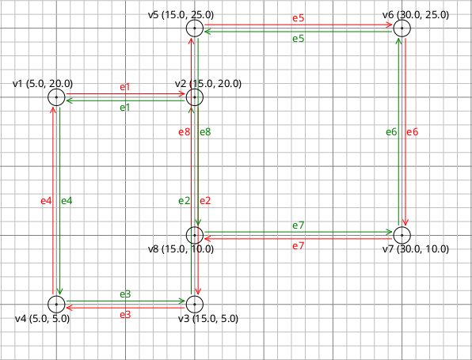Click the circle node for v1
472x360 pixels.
pos(56,97)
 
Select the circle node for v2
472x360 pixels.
pos(195,97)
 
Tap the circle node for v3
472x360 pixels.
pos(195,304)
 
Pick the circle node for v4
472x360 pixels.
pos(56,304)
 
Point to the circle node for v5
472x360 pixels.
pos(195,28)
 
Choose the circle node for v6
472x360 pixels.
pos(402,28)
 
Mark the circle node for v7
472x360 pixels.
pos(402,235)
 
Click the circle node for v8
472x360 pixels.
pos(195,235)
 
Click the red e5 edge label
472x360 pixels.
pos(299,17)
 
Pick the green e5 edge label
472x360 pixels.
pos(299,39)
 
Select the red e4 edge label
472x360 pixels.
pos(46,201)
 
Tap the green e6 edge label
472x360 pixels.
pos(391,132)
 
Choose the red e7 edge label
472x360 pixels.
pos(299,247)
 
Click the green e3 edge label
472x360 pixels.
pos(126,294)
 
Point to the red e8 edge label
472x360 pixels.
pos(185,132)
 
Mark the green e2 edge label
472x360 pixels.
pos(185,201)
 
